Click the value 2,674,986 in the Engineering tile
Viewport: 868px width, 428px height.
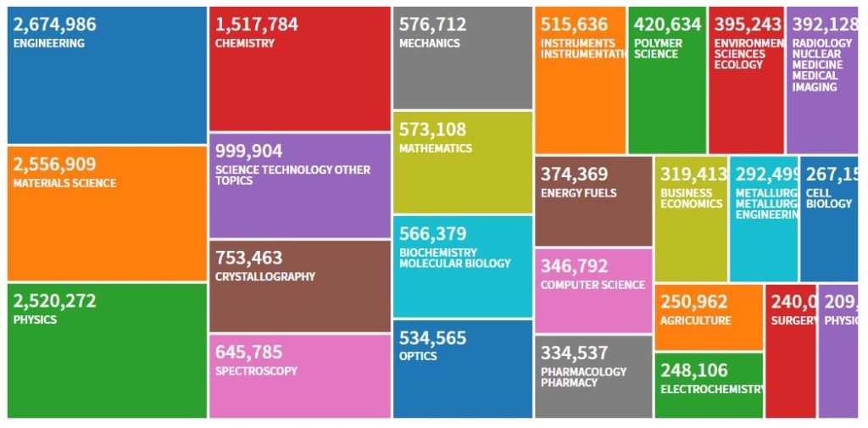click(55, 25)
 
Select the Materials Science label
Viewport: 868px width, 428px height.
click(65, 183)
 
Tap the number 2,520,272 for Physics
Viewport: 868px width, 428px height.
click(55, 301)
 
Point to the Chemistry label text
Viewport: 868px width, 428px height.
click(245, 43)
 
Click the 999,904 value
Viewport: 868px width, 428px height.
click(248, 151)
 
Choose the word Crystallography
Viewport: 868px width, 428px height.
click(265, 277)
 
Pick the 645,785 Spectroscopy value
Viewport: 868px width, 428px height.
click(248, 352)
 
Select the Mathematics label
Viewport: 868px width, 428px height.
click(435, 148)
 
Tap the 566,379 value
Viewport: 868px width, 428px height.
click(432, 234)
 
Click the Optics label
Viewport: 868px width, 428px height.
click(418, 356)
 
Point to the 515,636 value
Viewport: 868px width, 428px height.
click(574, 25)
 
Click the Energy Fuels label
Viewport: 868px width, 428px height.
click(579, 193)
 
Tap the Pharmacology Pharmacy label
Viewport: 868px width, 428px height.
click(584, 377)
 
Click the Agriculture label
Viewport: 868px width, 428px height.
click(696, 321)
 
